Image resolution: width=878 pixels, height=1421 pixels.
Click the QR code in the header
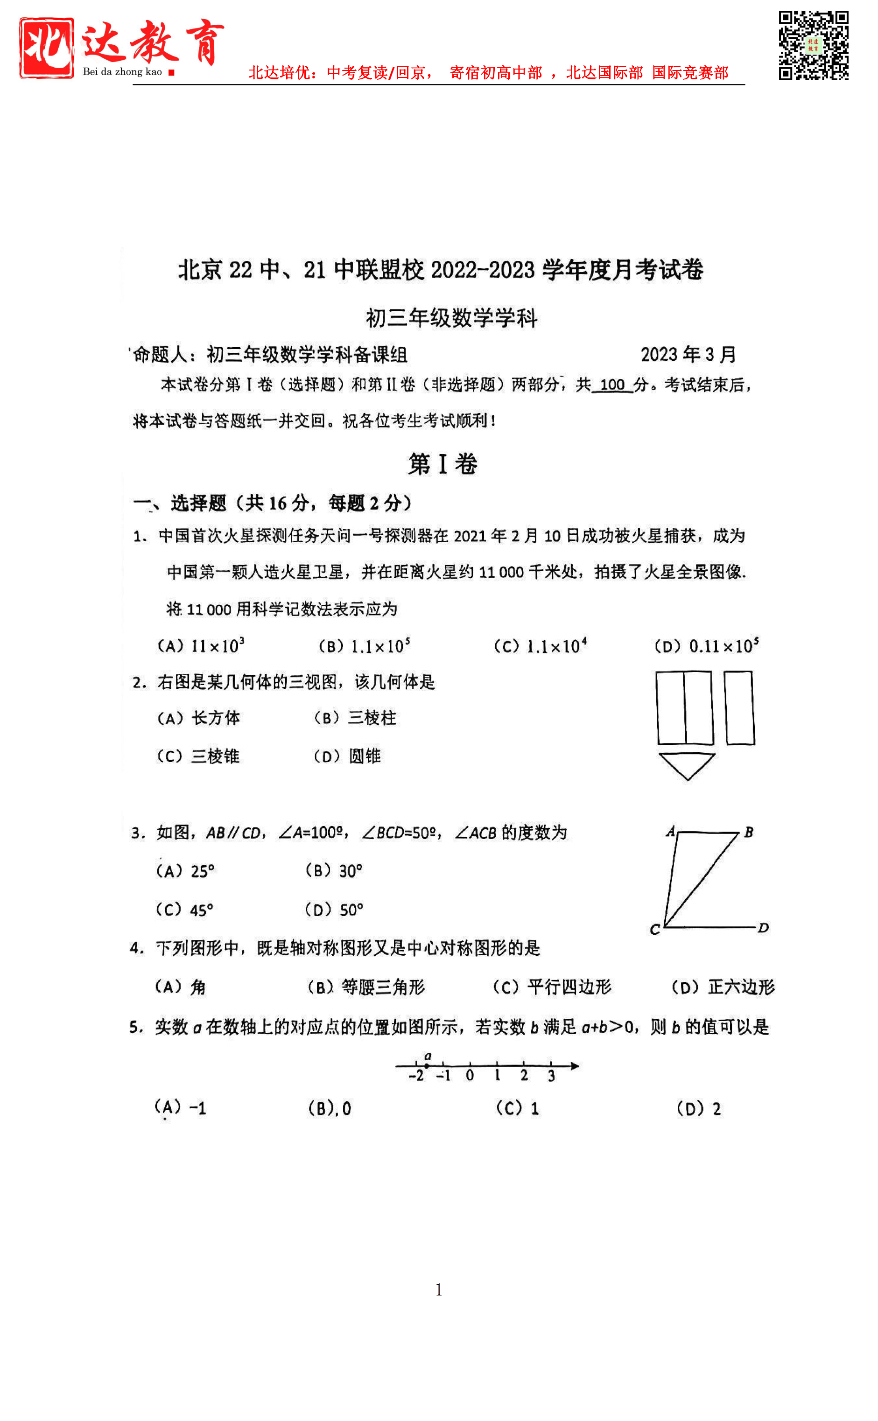coord(813,45)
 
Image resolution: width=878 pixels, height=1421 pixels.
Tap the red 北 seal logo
coord(47,48)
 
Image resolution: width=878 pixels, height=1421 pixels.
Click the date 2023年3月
coord(688,354)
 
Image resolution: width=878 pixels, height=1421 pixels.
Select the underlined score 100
coord(611,385)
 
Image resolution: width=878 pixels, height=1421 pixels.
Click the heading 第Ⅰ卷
coord(443,464)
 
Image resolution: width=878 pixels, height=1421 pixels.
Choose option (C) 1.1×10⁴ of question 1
coord(540,646)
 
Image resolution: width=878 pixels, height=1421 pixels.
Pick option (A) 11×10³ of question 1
coord(201,646)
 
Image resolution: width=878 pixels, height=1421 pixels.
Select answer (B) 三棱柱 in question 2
coord(355,718)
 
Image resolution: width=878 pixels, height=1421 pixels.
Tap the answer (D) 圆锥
coord(347,756)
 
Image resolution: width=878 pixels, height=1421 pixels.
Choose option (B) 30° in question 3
coord(334,871)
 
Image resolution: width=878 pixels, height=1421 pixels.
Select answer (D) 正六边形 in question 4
coord(723,987)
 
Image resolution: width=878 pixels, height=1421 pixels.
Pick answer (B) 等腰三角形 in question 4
coord(366,987)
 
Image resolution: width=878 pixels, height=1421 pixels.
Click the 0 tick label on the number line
coord(470,1076)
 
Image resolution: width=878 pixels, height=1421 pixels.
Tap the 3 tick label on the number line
coord(551,1076)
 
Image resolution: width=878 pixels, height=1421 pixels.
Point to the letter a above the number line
coord(428,1056)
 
